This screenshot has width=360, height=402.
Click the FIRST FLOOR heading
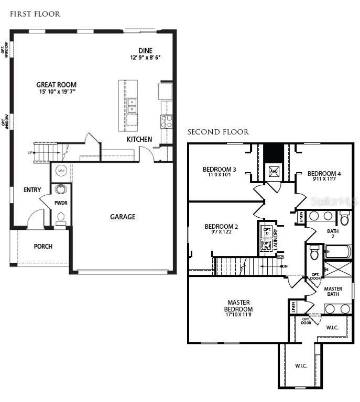35,14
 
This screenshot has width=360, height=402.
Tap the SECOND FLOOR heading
218,132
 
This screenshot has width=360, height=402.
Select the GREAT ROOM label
56,85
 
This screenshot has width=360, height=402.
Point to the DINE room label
145,51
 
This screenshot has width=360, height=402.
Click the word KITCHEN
139,139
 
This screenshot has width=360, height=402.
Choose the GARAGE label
122,217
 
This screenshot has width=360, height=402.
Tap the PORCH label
43,247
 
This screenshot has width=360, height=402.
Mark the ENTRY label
32,190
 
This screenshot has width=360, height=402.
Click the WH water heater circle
61,171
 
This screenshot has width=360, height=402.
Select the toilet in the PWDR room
61,217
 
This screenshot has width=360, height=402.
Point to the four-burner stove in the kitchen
167,122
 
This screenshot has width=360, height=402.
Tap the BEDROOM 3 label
220,169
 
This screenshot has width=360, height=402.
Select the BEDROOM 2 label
221,227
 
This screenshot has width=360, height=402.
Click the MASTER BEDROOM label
238,306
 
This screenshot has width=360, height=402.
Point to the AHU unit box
274,171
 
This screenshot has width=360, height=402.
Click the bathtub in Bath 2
337,252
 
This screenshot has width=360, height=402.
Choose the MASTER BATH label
333,291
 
